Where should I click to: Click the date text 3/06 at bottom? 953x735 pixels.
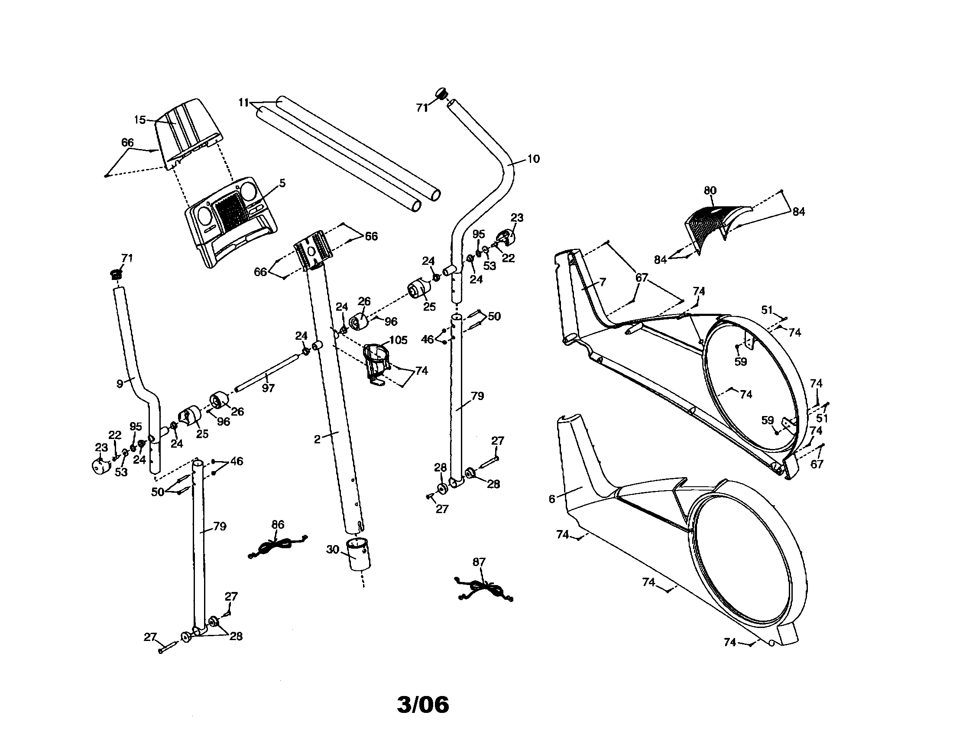pyautogui.click(x=422, y=705)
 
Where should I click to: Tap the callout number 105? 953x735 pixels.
pyautogui.click(x=398, y=340)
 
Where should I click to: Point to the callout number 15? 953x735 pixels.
pyautogui.click(x=139, y=120)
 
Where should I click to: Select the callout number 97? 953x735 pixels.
pyautogui.click(x=268, y=388)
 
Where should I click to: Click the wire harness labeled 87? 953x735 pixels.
pyautogui.click(x=483, y=589)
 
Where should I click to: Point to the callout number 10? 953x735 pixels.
pyautogui.click(x=534, y=159)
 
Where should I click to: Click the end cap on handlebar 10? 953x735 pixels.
pyautogui.click(x=442, y=94)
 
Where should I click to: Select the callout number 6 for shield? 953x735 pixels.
pyautogui.click(x=552, y=499)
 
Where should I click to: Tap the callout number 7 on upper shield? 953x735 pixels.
pyautogui.click(x=603, y=282)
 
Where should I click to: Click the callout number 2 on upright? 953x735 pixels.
pyautogui.click(x=317, y=439)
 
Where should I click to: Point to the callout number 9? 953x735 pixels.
pyautogui.click(x=120, y=384)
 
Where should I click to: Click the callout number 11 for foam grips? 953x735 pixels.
pyautogui.click(x=243, y=103)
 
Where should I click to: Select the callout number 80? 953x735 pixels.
pyautogui.click(x=710, y=191)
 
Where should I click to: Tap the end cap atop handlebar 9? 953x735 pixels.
pyautogui.click(x=115, y=275)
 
